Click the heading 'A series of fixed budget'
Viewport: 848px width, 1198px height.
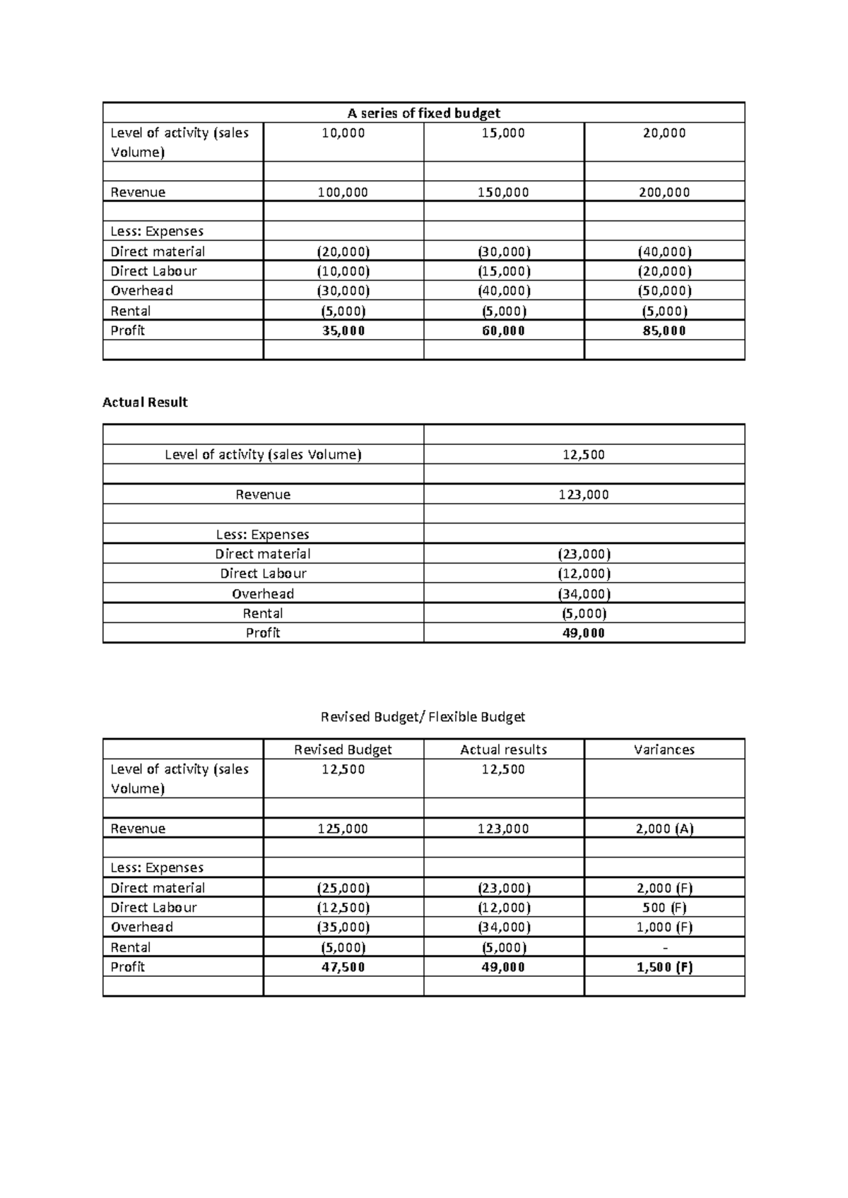(x=423, y=113)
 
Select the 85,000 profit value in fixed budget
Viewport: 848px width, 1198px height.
(x=664, y=331)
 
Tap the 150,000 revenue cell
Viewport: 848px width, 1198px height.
(x=503, y=192)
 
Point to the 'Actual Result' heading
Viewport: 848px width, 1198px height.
(x=145, y=403)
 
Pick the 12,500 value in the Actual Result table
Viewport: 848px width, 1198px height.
(x=584, y=455)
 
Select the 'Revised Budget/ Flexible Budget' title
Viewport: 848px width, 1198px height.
(x=423, y=717)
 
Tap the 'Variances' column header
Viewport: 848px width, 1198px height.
(x=664, y=749)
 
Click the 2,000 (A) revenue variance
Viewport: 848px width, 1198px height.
(x=664, y=829)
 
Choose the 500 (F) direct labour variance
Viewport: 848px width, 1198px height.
(x=664, y=908)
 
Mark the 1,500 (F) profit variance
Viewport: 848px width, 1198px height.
(x=664, y=967)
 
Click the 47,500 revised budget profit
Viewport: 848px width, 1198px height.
(x=343, y=967)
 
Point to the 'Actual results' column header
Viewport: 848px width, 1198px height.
(x=503, y=749)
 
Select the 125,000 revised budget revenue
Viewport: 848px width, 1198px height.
(x=343, y=829)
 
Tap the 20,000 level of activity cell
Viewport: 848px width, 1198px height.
(x=664, y=133)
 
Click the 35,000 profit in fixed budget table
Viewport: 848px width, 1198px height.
(x=343, y=331)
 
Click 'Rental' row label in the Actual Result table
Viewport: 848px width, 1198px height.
(x=263, y=613)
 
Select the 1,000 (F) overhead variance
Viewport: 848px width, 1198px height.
(x=664, y=927)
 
